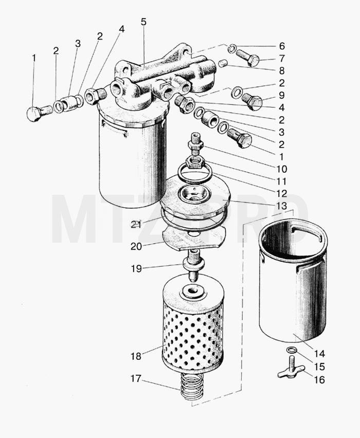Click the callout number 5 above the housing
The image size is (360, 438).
pos(143,22)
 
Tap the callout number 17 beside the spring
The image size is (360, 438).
pos(136,379)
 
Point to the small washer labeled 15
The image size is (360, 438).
pos(291,350)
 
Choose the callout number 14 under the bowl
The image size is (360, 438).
pos(319,354)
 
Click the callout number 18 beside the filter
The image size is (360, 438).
pos(136,356)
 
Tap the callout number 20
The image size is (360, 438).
pos(136,247)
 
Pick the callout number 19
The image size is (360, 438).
pos(136,269)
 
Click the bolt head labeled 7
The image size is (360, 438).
pos(248,58)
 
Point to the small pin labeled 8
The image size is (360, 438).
pos(222,63)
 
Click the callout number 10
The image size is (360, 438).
pos(281,169)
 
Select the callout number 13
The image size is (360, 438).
pos(281,206)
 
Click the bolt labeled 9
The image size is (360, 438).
pos(251,102)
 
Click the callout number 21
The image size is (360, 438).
pos(136,224)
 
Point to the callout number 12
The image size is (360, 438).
pos(281,194)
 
